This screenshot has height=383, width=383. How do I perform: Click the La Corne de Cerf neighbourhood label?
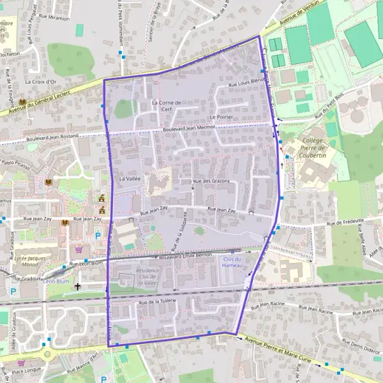tap(167, 105)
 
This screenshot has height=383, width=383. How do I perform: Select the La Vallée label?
tap(129, 179)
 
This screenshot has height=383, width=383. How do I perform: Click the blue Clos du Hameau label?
tap(234, 262)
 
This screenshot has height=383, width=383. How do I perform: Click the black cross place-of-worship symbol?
tap(78, 287)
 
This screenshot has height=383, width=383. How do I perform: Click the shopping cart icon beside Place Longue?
tap(21, 362)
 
